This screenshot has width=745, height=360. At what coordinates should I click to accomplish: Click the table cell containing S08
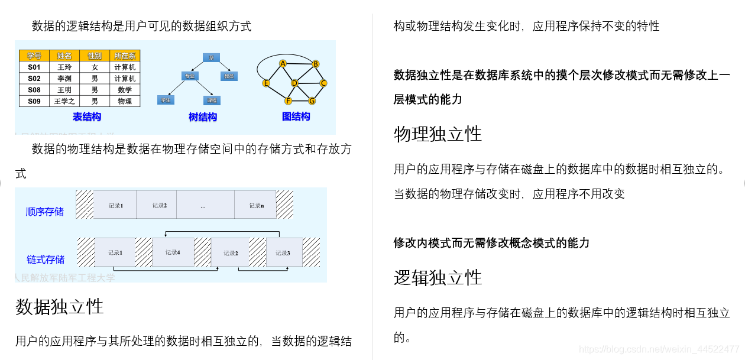34,90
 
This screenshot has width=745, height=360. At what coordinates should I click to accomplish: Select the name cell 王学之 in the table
64,101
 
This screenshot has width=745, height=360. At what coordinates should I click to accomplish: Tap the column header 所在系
125,56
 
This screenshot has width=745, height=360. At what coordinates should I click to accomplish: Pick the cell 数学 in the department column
125,90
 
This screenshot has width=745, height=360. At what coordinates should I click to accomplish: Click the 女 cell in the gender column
95,67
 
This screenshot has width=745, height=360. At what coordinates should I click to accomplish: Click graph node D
294,83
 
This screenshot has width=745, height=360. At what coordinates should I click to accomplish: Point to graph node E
266,83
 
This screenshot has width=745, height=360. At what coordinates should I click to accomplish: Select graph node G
312,100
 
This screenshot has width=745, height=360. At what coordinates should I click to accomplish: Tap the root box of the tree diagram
211,57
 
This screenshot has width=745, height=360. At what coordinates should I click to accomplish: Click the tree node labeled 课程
212,100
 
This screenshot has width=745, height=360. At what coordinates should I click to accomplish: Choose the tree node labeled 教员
229,76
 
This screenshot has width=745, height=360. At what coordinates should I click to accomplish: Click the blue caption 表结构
87,117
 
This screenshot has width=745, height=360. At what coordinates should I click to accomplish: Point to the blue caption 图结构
296,116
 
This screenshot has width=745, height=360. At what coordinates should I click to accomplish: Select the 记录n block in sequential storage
255,205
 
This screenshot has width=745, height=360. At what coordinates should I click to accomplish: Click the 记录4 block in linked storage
173,252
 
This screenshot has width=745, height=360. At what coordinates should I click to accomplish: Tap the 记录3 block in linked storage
283,252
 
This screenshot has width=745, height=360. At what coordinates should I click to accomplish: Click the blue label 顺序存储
45,212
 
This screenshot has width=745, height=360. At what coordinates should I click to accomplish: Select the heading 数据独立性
59,306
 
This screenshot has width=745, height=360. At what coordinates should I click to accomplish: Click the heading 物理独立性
438,134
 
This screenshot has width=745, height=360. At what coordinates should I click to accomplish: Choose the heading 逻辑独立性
438,277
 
